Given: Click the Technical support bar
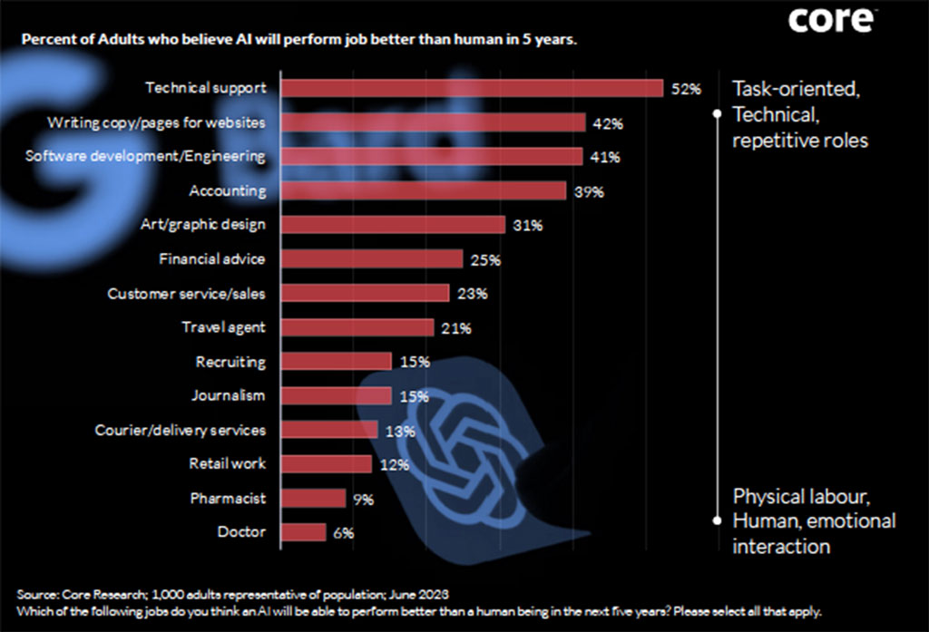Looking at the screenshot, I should pos(472,88).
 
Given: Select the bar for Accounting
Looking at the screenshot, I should pos(423,191).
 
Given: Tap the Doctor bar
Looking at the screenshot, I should pos(303,532).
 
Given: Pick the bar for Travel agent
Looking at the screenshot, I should pos(357,327).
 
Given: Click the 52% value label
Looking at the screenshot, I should pos(687,89).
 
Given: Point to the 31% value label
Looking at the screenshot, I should pos(527,225).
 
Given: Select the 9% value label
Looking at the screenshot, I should pos(364,499).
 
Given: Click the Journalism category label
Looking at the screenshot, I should pos(229,395).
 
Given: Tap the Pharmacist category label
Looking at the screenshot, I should pos(228,498).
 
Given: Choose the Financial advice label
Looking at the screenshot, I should pos(212,259).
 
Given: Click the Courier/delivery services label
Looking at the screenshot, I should pos(181,430).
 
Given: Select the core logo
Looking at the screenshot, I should pos(832,19).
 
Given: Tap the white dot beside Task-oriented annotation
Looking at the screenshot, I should pos(716,114).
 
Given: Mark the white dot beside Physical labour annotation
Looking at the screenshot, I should pos(716,520).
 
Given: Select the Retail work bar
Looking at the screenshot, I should pos(327,464).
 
